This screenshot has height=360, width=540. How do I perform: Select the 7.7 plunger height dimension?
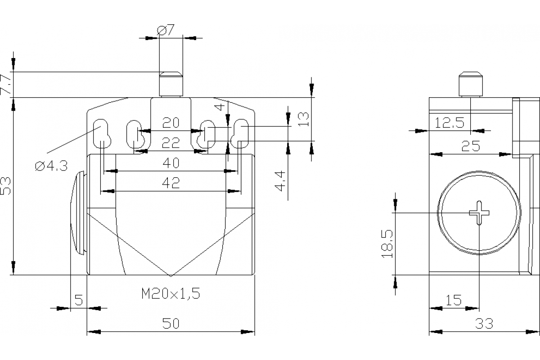click(x=7, y=84)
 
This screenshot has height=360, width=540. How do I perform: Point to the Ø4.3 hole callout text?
click(x=51, y=166)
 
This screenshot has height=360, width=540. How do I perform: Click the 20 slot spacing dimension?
click(x=171, y=122)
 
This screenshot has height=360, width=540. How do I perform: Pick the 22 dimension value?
click(x=171, y=143)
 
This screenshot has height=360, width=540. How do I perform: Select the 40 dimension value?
click(x=171, y=162)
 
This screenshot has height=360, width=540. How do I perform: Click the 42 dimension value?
click(x=171, y=182)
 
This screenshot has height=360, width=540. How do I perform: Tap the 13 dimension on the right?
click(x=304, y=118)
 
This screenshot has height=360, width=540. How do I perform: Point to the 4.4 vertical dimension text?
click(x=280, y=180)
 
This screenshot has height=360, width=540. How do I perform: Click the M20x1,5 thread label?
click(x=171, y=294)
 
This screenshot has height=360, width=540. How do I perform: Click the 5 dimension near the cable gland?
click(x=78, y=300)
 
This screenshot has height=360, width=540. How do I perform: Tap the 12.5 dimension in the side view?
click(x=450, y=123)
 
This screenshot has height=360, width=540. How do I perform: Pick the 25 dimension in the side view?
click(x=471, y=146)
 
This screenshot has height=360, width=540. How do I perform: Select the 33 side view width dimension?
click(x=484, y=323)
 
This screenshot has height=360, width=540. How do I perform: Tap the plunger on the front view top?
click(x=171, y=84)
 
